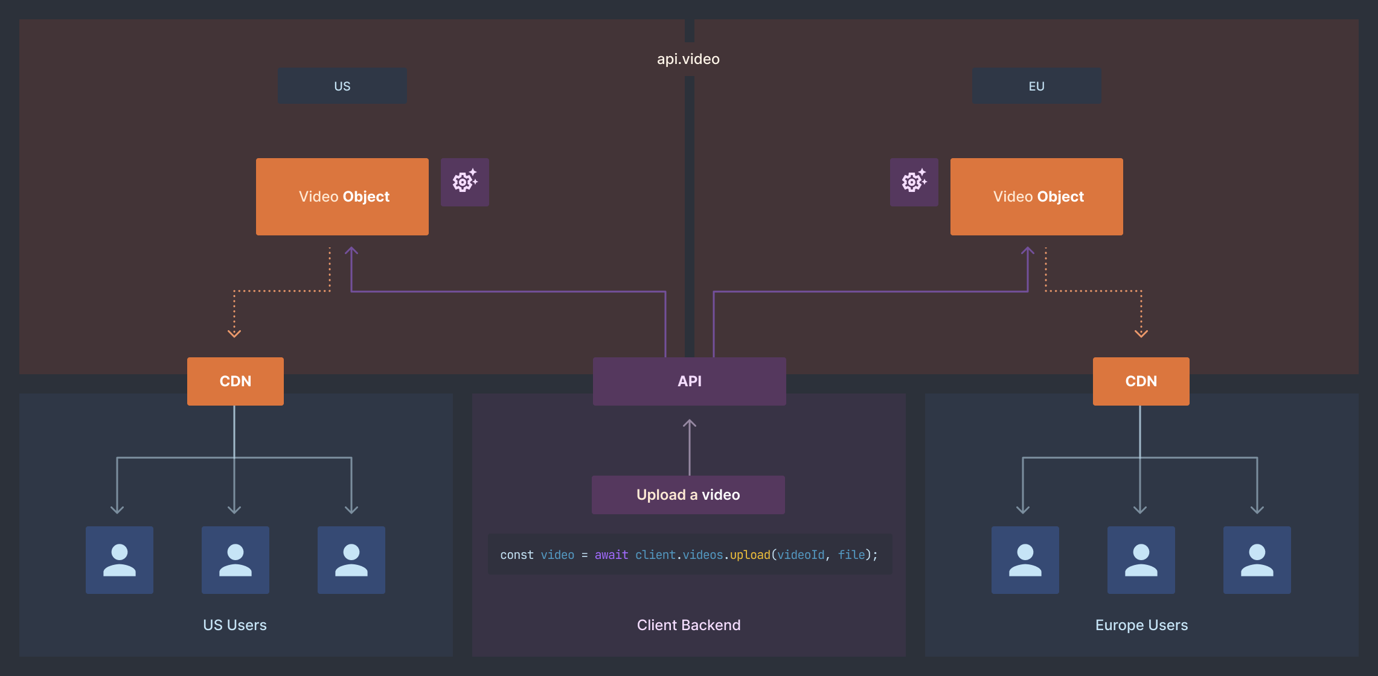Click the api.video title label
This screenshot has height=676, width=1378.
[688, 59]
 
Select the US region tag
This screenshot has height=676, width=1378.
[342, 86]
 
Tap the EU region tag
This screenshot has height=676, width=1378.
[1036, 86]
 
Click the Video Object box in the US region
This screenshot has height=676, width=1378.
[342, 197]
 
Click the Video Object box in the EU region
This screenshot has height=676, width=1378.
[1036, 197]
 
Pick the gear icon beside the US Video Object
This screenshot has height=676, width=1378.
[464, 182]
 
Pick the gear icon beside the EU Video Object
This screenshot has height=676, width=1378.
[914, 182]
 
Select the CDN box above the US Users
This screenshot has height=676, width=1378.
[235, 381]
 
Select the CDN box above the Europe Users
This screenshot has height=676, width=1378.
[1141, 381]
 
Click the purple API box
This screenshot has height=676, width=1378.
[689, 381]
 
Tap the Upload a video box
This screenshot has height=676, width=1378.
[688, 495]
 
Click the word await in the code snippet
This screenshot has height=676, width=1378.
[611, 555]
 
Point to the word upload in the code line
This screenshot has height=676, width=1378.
[749, 555]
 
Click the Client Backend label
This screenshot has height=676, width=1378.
[688, 625]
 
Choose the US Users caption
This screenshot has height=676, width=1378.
[234, 625]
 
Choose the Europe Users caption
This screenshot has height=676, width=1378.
[1141, 625]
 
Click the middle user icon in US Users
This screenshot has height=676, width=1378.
[235, 560]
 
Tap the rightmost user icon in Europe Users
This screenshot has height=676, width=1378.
[1257, 560]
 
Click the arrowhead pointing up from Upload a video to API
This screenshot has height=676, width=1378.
[689, 424]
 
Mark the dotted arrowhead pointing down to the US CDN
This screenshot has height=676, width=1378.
[234, 333]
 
